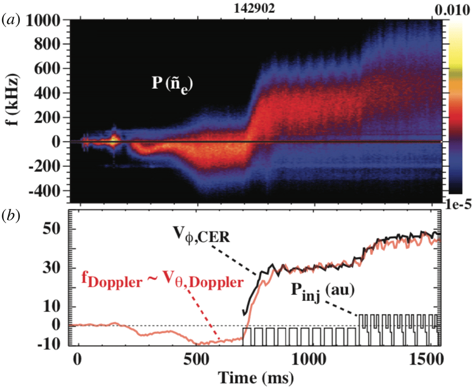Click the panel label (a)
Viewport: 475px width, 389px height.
pos(12,21)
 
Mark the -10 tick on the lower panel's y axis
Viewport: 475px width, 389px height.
pos(53,343)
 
